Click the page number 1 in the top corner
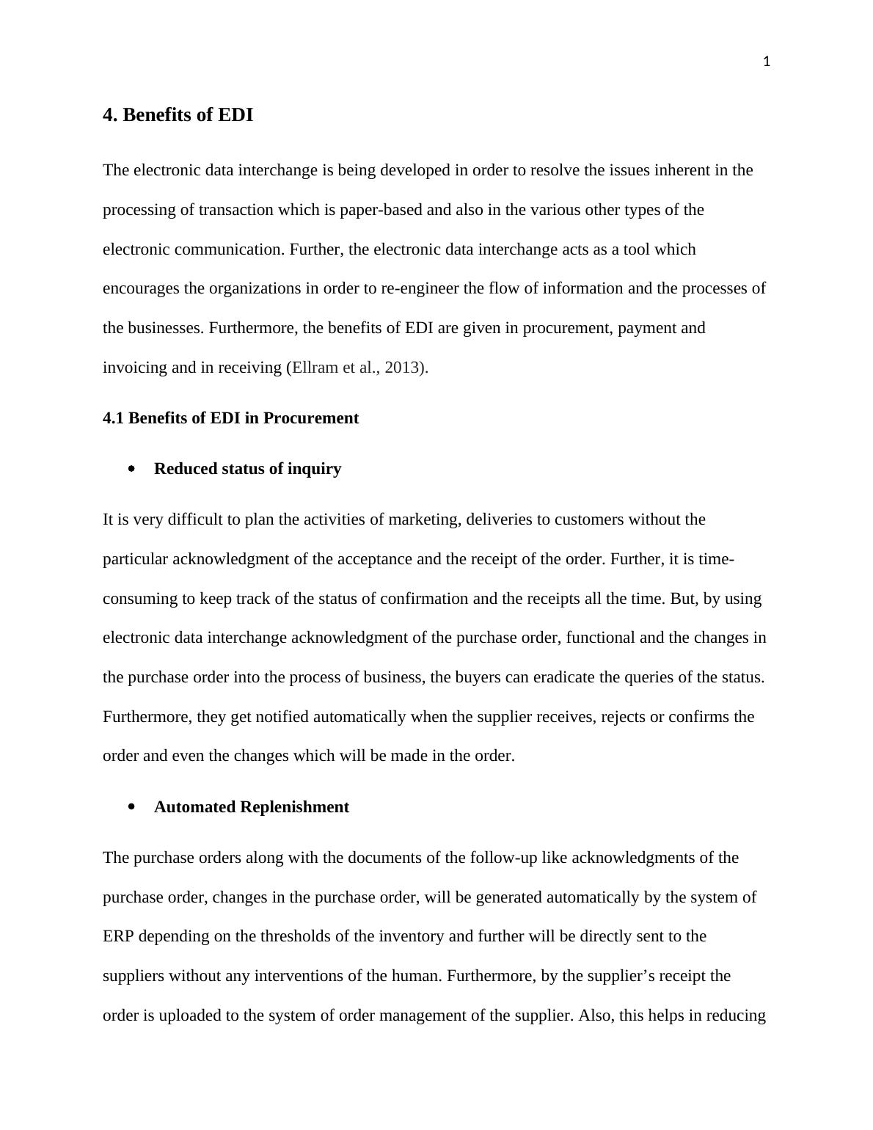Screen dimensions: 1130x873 [x=767, y=62]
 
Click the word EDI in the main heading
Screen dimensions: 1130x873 [x=235, y=115]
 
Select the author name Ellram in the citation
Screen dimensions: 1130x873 [x=313, y=368]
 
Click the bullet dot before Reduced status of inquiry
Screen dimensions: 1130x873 [x=132, y=469]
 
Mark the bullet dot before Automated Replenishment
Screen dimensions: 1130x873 [x=132, y=807]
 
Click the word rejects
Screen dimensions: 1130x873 [x=623, y=717]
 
